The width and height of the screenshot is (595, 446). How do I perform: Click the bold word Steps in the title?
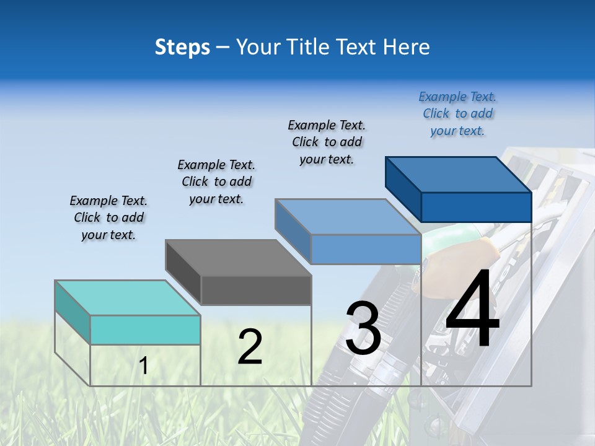click(182, 47)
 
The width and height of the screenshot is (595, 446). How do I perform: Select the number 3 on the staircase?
click(363, 328)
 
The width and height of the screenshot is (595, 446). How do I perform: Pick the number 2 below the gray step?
click(250, 347)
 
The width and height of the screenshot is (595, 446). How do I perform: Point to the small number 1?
click(144, 366)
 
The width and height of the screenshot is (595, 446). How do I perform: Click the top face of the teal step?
click(128, 298)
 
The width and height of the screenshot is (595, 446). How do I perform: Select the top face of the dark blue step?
click(459, 175)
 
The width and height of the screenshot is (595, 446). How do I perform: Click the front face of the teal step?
click(146, 330)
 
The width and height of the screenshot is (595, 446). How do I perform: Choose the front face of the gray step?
click(256, 290)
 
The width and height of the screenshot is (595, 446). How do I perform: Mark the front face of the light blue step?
click(366, 249)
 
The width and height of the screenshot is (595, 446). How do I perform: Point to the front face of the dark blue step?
click(476, 207)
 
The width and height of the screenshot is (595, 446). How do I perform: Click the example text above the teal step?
click(108, 218)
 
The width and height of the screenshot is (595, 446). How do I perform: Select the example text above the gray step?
click(216, 181)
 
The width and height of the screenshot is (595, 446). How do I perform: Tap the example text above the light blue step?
click(327, 142)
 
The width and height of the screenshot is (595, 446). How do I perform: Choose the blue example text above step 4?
click(457, 113)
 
